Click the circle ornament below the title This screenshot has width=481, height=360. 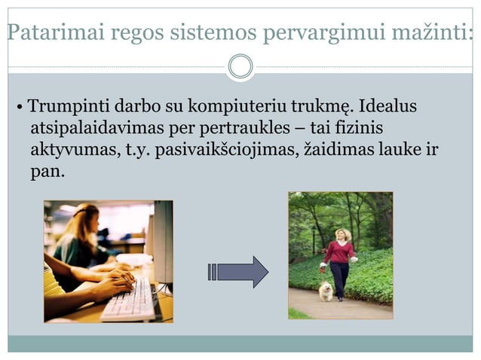pos(240,66)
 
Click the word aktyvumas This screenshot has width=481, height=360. pos(72,149)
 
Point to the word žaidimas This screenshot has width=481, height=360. pos(335,149)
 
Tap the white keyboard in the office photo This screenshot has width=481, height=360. pos(131,301)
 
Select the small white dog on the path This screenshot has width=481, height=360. pos(326,291)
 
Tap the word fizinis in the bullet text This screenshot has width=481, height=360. pos(369,127)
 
